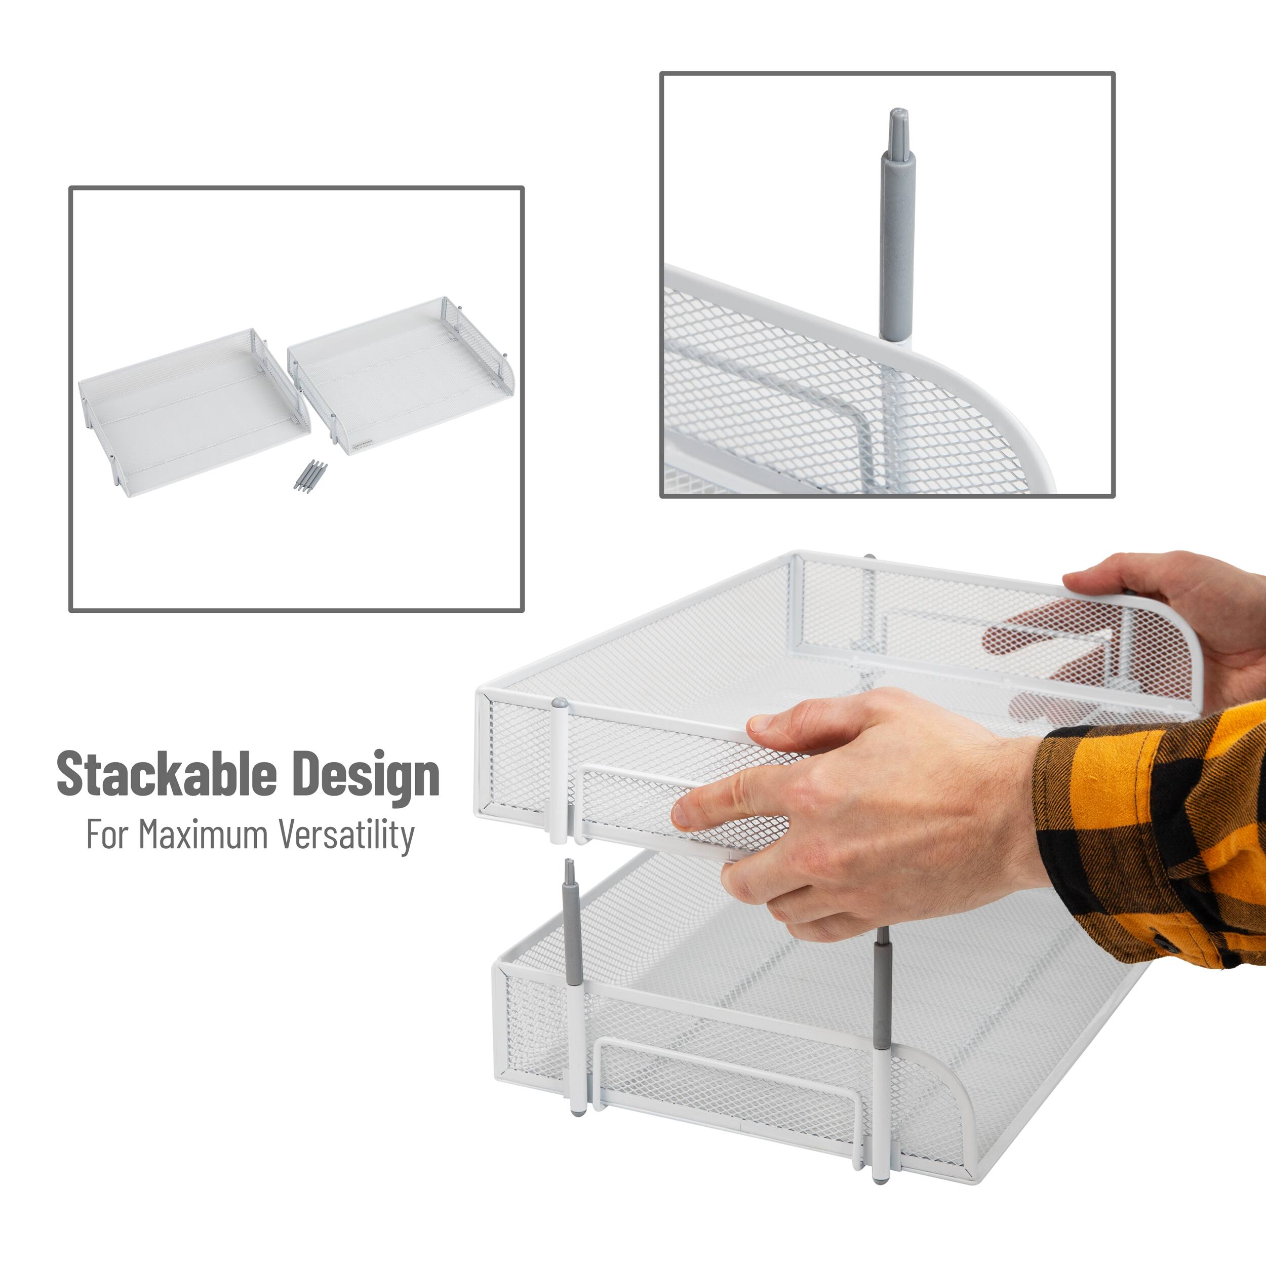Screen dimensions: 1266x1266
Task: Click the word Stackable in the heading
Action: point(167,774)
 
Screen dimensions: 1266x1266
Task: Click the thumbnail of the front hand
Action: point(761,723)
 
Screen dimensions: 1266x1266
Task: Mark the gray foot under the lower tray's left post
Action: point(577,1112)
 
